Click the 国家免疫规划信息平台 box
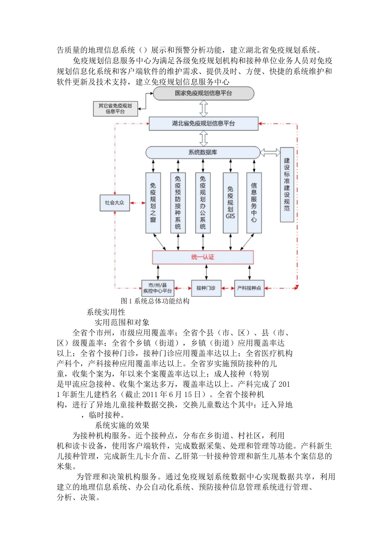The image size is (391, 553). (x=203, y=93)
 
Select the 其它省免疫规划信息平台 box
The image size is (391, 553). (x=115, y=109)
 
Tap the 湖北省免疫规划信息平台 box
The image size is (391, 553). (x=203, y=123)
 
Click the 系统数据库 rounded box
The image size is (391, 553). (x=203, y=152)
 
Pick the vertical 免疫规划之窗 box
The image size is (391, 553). (x=153, y=203)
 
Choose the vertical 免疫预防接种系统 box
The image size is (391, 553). (x=178, y=203)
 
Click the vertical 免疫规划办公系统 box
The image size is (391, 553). (x=203, y=203)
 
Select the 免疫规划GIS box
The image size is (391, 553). (x=230, y=203)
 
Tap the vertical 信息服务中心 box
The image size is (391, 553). (x=254, y=203)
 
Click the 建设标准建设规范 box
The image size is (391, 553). (x=287, y=185)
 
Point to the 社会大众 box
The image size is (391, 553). (x=115, y=203)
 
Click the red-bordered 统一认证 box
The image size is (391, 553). (x=203, y=257)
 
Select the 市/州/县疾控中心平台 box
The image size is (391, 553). (x=158, y=288)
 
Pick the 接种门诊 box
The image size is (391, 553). (x=206, y=288)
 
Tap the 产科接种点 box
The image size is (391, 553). (x=249, y=288)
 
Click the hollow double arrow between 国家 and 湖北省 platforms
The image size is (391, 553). (x=203, y=108)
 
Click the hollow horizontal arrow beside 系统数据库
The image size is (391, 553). (x=270, y=153)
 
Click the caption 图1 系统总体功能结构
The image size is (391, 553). (x=155, y=301)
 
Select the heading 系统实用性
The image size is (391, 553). (x=106, y=312)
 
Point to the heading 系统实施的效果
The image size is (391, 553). (x=122, y=425)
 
